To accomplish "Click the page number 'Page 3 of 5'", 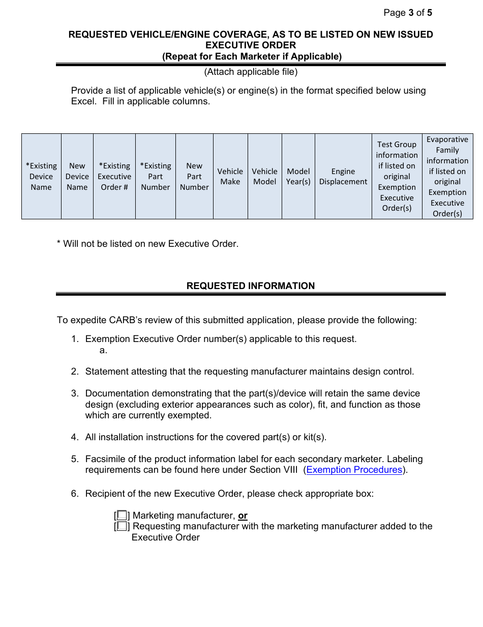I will (408, 13).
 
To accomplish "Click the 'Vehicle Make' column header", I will (230, 177).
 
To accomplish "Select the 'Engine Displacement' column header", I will (343, 177).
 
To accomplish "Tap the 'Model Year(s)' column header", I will (298, 177).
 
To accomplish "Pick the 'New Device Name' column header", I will (77, 177).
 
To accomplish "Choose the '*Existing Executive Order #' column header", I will (114, 177).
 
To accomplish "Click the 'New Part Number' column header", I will (194, 177).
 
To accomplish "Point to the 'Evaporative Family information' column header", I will (447, 177).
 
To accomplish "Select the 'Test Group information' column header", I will (397, 177).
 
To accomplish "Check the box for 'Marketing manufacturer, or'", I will (122, 516).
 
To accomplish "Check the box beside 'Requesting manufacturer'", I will (122, 526).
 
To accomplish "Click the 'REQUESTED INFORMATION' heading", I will (251, 286).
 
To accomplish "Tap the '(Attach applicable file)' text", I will (251, 72).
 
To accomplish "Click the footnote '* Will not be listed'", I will (147, 244).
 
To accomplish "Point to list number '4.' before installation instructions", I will (75, 437).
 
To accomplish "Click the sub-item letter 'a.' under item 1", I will (103, 350).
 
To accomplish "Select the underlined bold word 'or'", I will (243, 516).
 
